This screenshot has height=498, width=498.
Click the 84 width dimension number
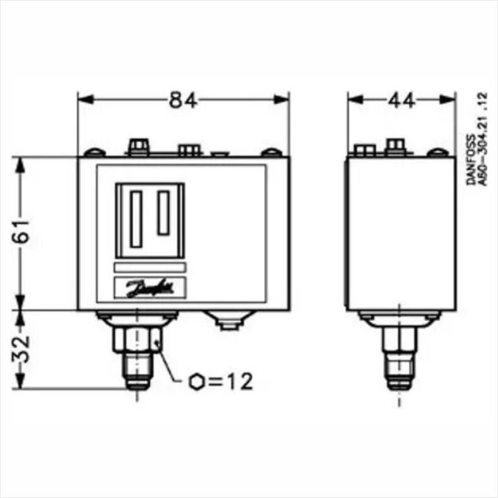pyautogui.click(x=183, y=100)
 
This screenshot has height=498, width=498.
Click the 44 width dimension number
pyautogui.click(x=401, y=100)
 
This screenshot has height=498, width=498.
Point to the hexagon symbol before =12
pyautogui.click(x=197, y=382)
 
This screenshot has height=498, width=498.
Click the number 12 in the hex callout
pyautogui.click(x=240, y=381)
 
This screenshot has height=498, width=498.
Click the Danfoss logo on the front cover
pyautogui.click(x=150, y=288)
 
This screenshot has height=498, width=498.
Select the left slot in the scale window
pyautogui.click(x=136, y=219)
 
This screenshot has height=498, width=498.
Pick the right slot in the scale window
pyautogui.click(x=163, y=213)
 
